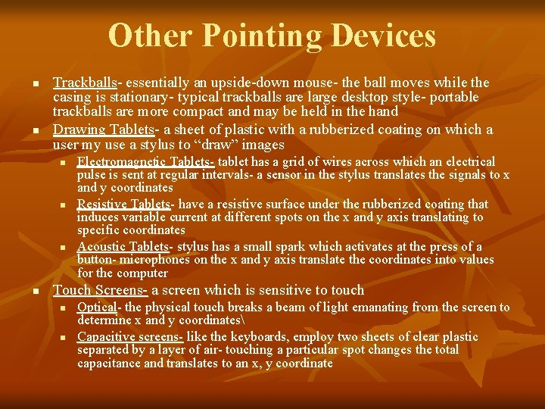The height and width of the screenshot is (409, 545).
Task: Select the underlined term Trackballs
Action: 85,83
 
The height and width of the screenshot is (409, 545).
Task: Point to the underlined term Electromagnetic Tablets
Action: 145,161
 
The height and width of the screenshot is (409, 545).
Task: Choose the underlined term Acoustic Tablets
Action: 123,246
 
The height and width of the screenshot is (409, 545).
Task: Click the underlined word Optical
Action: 97,307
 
